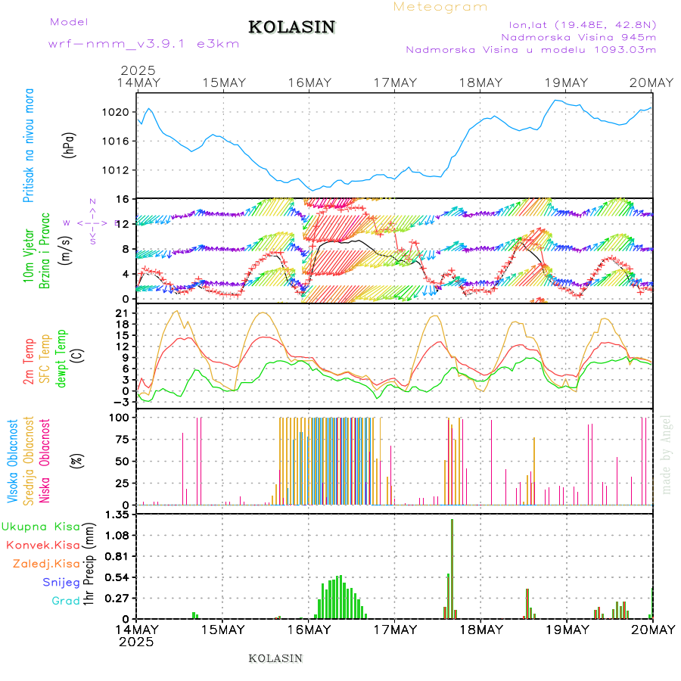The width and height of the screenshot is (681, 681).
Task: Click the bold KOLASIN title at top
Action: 291,27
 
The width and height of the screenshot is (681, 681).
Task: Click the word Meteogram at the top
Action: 440,7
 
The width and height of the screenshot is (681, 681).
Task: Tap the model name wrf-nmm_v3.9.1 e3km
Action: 144,44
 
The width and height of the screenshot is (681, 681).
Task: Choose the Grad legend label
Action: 65,601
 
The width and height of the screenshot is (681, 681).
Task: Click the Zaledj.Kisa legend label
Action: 46,563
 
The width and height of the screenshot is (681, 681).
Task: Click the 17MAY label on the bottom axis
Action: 394,630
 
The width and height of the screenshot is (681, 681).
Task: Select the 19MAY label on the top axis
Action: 567,82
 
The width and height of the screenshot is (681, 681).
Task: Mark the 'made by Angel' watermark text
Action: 667,454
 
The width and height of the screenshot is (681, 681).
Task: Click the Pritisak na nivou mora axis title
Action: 30,149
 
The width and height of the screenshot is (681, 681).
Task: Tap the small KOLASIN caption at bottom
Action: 275,658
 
